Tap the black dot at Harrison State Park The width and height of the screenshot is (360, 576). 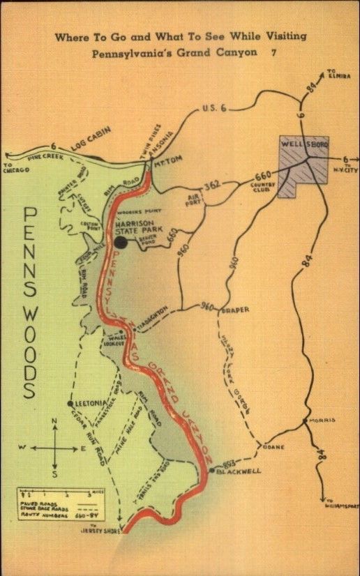tap(121, 242)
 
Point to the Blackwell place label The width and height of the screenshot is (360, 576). tap(239, 471)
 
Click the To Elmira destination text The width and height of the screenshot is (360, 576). tap(335, 73)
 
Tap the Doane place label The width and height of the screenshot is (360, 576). tap(273, 446)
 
